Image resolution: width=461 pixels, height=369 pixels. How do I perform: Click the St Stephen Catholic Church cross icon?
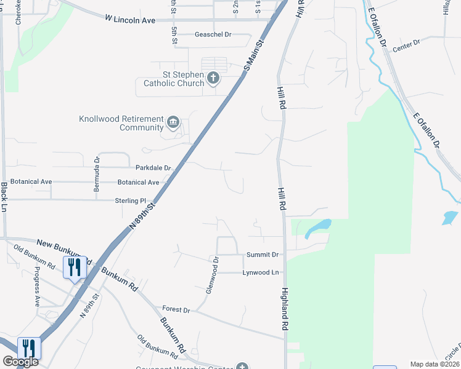(213, 78)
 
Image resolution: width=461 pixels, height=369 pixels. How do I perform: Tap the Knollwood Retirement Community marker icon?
(173, 123)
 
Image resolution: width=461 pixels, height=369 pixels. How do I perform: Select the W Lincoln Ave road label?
(129, 20)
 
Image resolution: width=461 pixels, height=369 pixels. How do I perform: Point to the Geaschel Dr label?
(213, 34)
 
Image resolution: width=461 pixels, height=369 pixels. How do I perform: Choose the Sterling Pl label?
(130, 200)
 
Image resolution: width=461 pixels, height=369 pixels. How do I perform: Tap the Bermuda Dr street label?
(97, 177)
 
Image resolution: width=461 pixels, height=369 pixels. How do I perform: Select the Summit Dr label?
(263, 254)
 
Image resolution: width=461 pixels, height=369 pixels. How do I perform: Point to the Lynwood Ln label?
(261, 272)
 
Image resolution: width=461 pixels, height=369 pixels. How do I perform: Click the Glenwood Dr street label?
(212, 276)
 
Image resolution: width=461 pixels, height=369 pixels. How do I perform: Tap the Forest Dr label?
(176, 309)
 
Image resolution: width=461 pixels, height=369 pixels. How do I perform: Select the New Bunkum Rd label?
(60, 249)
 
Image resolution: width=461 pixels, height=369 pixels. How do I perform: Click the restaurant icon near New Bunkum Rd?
(74, 267)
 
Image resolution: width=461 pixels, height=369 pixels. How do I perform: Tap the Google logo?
(20, 362)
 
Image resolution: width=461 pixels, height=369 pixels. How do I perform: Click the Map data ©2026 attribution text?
(434, 364)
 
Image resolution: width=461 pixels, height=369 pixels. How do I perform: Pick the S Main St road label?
(253, 55)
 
